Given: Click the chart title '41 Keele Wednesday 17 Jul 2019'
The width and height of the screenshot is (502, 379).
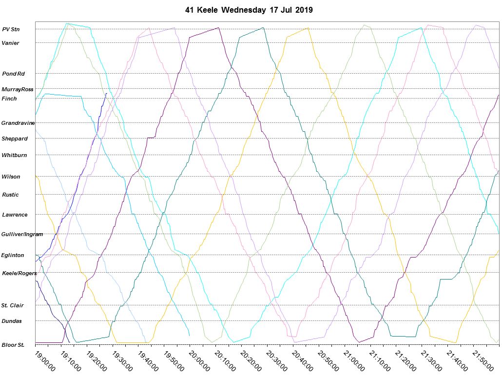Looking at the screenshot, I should pos(249,10).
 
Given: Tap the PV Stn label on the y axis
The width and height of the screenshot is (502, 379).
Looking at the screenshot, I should pos(11,29).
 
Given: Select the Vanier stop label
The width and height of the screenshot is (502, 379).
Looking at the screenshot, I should pos(11,43).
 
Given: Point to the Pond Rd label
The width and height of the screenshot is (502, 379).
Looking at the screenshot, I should pos(14,74).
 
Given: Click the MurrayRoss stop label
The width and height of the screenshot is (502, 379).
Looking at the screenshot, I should pos(17,89).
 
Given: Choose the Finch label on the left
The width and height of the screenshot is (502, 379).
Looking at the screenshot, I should pos(9,99).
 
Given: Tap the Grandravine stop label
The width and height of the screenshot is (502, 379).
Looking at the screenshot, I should pos(18,123).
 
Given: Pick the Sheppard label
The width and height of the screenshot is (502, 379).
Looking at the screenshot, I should pos(15,139).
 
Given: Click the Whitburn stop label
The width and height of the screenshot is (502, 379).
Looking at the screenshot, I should pos(15,155).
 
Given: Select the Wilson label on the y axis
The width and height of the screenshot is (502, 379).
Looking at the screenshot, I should pos(11,177).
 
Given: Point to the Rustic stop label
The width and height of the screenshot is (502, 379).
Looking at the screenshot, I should pos(11,195).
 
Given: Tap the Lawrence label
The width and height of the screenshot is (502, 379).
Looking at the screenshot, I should pos(15,215).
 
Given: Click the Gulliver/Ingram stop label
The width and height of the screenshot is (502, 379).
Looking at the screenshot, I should pos(22,234).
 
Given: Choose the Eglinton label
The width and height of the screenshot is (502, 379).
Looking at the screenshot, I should pos(13,255).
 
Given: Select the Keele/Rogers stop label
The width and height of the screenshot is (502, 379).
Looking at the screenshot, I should pos(19,273).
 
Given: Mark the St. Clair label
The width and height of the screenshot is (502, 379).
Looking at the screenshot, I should pos(13,305).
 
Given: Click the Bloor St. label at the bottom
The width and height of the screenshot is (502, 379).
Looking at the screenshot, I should pos(13,345).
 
